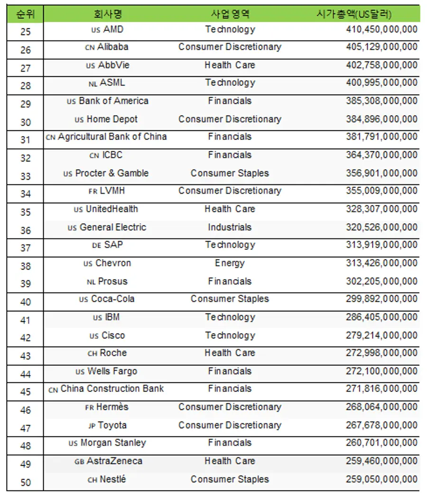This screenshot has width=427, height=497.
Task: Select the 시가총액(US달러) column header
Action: [x=354, y=14]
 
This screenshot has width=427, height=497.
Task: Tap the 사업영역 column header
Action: [x=230, y=14]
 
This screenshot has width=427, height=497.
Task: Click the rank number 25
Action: [x=26, y=32]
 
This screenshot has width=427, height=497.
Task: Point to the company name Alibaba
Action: [x=112, y=47]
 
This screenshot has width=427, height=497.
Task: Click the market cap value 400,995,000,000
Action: [x=381, y=83]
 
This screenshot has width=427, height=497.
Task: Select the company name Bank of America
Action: [x=113, y=101]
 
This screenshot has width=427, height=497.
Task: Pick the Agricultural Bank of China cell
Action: [x=112, y=137]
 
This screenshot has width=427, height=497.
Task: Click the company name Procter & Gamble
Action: [x=111, y=173]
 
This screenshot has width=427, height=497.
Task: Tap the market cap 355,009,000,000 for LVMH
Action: [x=381, y=191]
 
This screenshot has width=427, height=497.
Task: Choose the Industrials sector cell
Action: [x=230, y=227]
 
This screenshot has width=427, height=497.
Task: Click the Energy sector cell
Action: [x=230, y=263]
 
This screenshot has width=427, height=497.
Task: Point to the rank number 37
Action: [x=26, y=248]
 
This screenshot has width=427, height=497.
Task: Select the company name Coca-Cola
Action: [x=112, y=299]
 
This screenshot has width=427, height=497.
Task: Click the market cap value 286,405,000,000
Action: [x=381, y=317]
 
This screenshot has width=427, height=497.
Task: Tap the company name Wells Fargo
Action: [x=112, y=371]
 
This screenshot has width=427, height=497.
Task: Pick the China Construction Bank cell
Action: [x=112, y=389]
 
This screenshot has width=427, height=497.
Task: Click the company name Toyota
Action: [x=112, y=425]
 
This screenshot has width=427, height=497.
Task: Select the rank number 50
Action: [x=26, y=483]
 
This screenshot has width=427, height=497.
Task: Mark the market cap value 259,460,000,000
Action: [x=381, y=461]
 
